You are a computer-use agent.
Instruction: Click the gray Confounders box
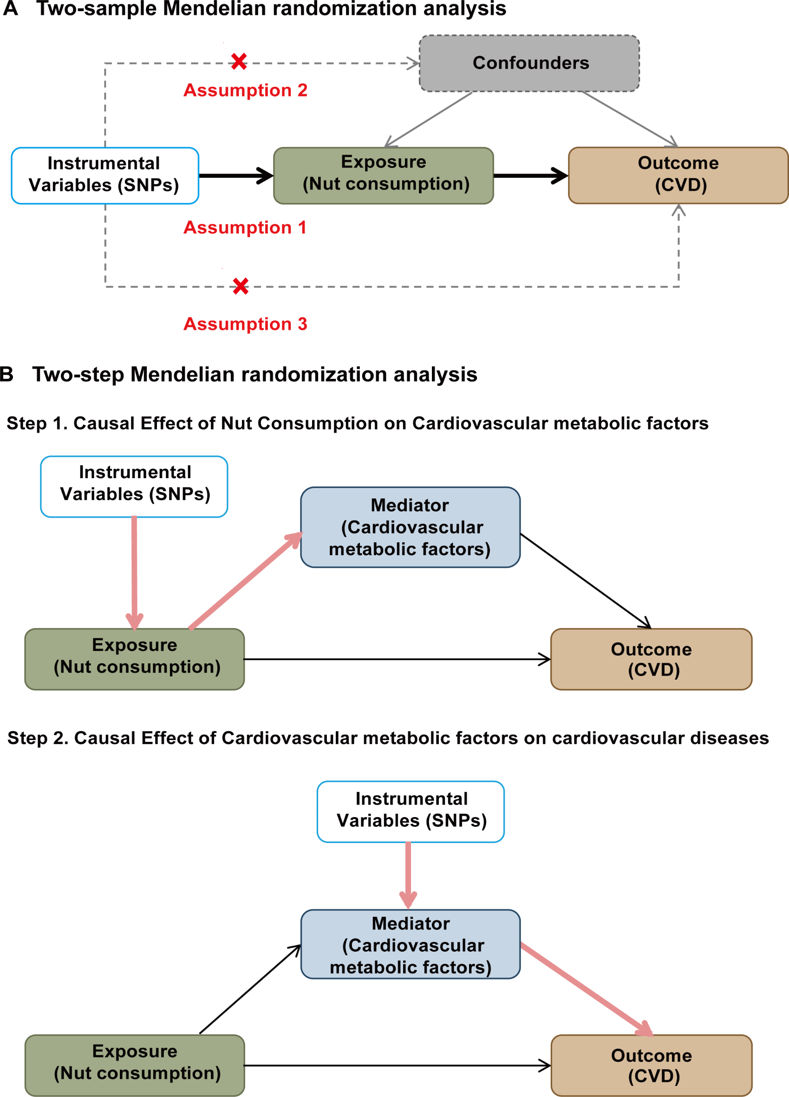coord(529,63)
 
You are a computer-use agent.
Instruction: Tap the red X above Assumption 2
coord(239,61)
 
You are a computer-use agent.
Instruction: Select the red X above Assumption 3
coord(241,286)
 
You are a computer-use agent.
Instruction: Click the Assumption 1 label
coord(245,227)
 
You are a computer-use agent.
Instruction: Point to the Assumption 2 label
coord(245,91)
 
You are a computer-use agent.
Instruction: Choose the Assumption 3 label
coord(245,324)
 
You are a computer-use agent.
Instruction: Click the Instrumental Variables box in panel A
coord(105,175)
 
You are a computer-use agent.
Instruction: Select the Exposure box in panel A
coord(383,175)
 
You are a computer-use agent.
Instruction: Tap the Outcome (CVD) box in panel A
coord(678,175)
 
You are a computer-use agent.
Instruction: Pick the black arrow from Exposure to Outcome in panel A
coord(530,175)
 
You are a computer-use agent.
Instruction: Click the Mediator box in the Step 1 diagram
coord(410,527)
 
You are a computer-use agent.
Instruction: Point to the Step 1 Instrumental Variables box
coord(134,487)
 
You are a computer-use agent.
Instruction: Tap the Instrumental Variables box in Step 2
coord(410,811)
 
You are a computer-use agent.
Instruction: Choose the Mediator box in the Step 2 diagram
coord(410,944)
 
